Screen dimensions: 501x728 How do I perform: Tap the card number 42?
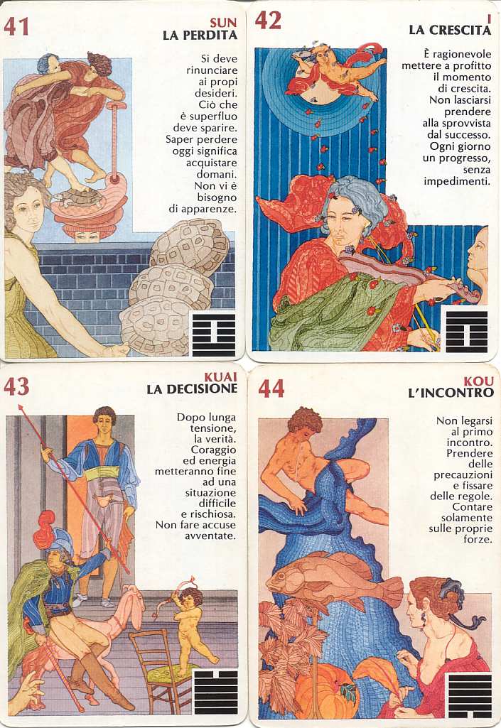click(x=268, y=21)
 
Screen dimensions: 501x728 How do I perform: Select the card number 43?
click(x=16, y=386)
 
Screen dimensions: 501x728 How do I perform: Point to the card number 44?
click(x=271, y=389)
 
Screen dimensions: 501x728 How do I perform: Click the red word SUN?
click(x=223, y=22)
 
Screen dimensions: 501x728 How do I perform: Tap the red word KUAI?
click(x=221, y=376)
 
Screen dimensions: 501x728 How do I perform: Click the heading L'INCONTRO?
click(x=451, y=393)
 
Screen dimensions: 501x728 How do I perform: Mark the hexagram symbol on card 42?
click(x=467, y=332)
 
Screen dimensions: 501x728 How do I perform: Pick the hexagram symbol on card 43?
click(x=215, y=691)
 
